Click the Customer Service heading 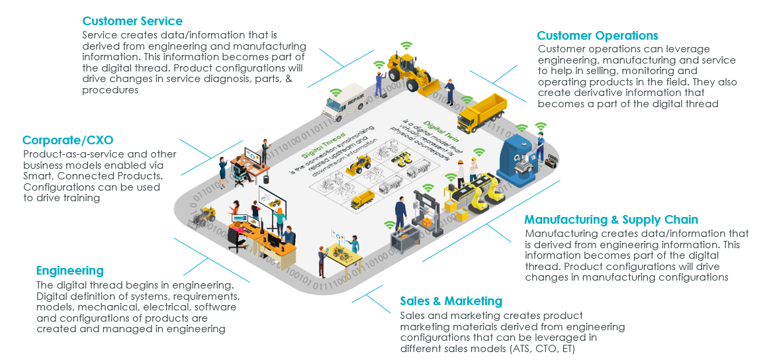pyautogui.click(x=132, y=21)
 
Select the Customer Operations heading pyautogui.click(x=597, y=36)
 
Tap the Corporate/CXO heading pyautogui.click(x=68, y=140)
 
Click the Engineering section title pyautogui.click(x=69, y=271)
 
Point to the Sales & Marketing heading pyautogui.click(x=451, y=302)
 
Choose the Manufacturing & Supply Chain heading pyautogui.click(x=611, y=220)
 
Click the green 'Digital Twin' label pyautogui.click(x=418, y=126)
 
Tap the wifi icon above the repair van pyautogui.click(x=336, y=92)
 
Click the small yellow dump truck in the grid pyautogui.click(x=362, y=199)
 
